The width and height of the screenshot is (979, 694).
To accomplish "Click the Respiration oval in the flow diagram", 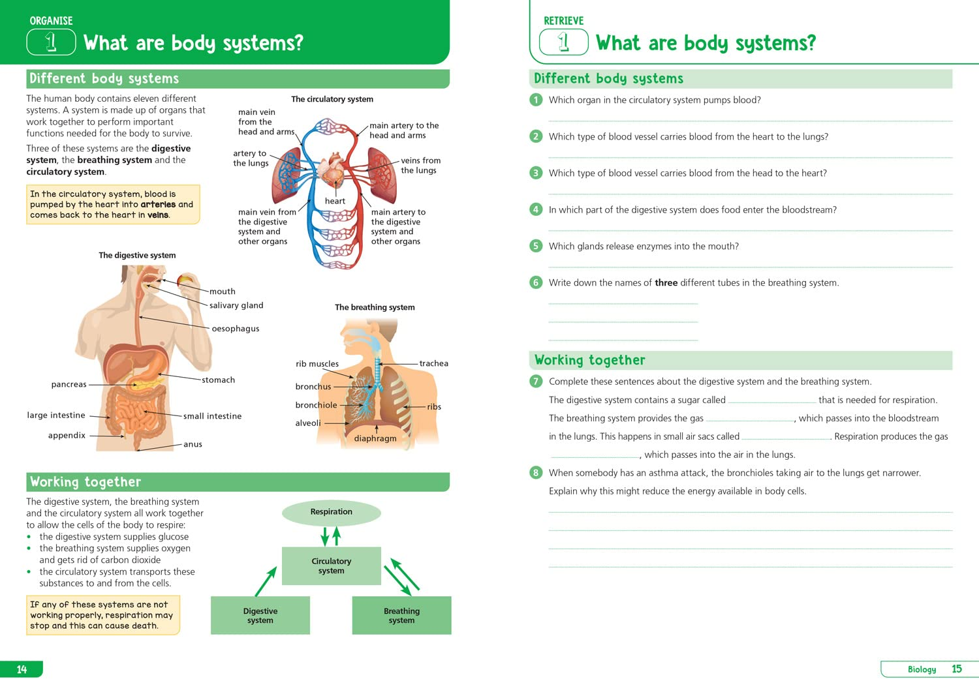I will point(331,513).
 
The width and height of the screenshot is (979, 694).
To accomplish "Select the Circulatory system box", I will point(331,566).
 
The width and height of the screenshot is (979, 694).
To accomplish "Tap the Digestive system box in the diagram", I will point(260,616).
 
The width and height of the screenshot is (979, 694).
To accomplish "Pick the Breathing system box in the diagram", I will point(401,616).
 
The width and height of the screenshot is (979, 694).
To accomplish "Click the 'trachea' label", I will point(433,363).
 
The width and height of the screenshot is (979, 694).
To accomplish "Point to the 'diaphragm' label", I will point(375,438).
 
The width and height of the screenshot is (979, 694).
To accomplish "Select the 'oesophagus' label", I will point(236,329).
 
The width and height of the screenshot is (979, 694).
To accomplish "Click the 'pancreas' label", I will point(69,385).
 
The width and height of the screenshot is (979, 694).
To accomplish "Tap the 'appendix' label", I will point(67,436).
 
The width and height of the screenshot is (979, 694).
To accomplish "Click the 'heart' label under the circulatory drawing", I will point(335,201).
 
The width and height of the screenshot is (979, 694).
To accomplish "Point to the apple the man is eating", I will point(185,281).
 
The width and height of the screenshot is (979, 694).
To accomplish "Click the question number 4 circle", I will point(536,209).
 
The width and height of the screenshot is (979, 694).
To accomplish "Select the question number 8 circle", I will point(536,473).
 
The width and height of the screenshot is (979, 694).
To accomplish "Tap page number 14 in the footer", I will point(22,669).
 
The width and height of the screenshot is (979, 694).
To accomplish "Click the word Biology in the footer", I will point(922,669).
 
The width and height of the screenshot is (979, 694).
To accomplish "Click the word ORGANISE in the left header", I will point(51,21).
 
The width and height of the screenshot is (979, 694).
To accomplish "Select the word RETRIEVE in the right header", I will point(563,21).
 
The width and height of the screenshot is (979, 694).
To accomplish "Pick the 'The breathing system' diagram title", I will point(375,307).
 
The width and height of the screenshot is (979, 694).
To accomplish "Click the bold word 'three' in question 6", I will point(666,283).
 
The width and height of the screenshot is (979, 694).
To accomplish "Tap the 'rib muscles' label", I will point(317,364).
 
